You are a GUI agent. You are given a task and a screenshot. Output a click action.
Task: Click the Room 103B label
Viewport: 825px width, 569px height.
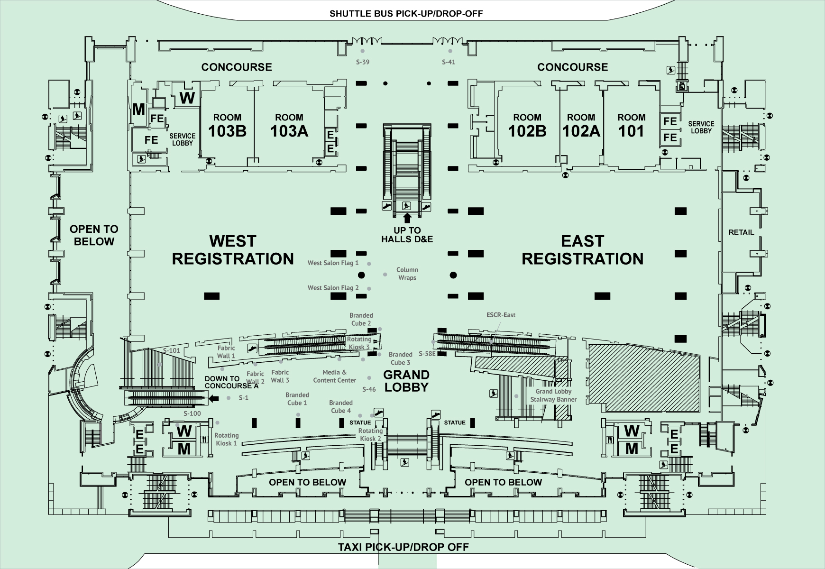[227, 126]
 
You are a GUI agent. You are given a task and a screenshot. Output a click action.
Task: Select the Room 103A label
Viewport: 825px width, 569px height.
[289, 126]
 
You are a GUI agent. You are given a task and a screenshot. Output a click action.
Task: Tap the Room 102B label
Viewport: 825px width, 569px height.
[527, 126]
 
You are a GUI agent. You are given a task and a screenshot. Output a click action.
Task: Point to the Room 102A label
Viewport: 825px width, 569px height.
[581, 126]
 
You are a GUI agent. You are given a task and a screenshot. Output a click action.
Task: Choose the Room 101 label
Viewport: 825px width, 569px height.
[632, 126]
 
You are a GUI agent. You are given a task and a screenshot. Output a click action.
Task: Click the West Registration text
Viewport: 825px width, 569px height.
[233, 250]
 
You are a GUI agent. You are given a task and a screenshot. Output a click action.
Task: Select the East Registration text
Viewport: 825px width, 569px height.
[583, 250]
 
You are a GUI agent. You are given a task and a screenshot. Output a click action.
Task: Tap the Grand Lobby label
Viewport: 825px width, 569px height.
[406, 381]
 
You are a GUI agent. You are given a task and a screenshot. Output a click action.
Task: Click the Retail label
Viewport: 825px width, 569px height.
[741, 232]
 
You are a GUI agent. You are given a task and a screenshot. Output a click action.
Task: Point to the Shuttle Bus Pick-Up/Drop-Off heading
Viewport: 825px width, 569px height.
[406, 13]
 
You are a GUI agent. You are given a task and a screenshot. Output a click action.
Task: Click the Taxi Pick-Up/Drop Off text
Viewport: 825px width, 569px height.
[403, 547]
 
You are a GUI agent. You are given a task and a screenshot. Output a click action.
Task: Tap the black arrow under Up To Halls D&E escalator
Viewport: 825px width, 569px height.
[406, 218]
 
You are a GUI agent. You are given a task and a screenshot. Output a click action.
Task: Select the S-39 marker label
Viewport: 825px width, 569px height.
[363, 62]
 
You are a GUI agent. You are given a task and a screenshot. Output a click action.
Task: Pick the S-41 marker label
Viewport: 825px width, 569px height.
[449, 62]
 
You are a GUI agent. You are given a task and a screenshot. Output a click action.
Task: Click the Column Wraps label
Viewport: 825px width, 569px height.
[407, 274]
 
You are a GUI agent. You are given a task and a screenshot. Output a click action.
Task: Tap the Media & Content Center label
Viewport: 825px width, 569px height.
[335, 376]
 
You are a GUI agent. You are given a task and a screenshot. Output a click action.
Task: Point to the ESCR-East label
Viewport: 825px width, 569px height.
[501, 315]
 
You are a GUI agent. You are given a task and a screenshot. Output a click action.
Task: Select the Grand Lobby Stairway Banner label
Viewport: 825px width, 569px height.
[553, 395]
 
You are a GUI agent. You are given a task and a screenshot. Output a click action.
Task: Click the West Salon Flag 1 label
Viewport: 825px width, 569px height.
[333, 263]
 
